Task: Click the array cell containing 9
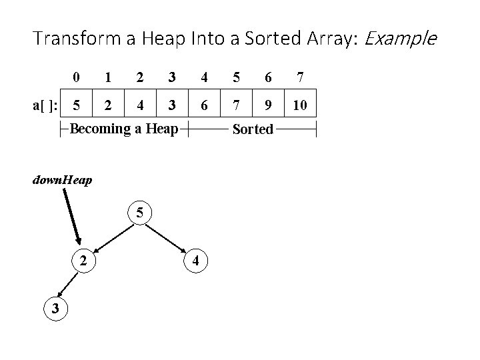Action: pos(268,105)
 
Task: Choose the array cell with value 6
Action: pos(204,105)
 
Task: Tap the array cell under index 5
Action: pos(236,105)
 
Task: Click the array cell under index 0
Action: pos(77,105)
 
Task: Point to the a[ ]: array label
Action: pos(45,105)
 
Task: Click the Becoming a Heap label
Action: pos(124,129)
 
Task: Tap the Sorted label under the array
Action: pos(253,129)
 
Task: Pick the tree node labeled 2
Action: pos(83,261)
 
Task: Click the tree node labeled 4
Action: pos(195,261)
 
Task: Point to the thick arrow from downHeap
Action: pos(72,217)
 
